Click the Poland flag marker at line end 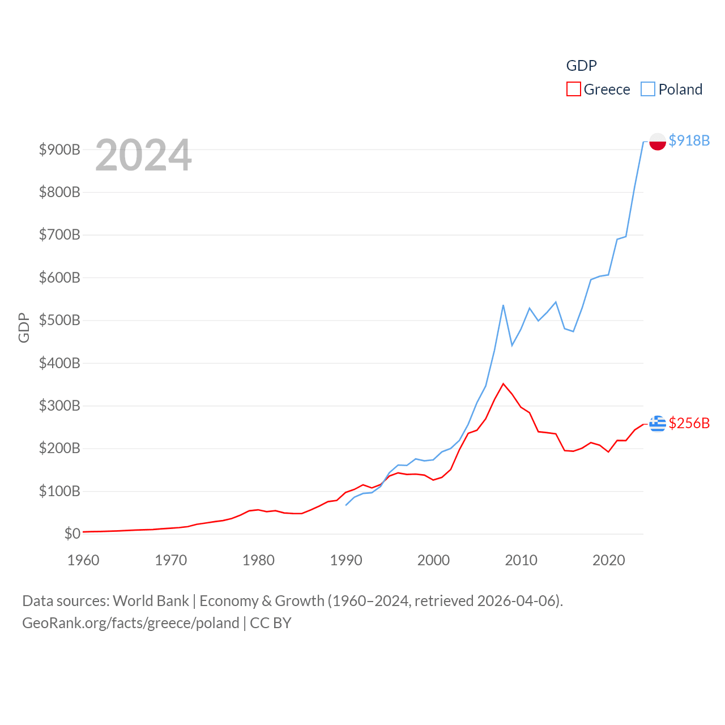pyautogui.click(x=658, y=141)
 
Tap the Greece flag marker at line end pyautogui.click(x=658, y=423)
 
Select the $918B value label pyautogui.click(x=689, y=140)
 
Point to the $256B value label pyautogui.click(x=689, y=423)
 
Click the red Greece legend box pyautogui.click(x=573, y=89)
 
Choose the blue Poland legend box pyautogui.click(x=648, y=89)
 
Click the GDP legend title pyautogui.click(x=581, y=66)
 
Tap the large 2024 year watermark pyautogui.click(x=143, y=155)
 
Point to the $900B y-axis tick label pyautogui.click(x=59, y=150)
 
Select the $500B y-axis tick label pyautogui.click(x=59, y=320)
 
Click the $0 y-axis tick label pyautogui.click(x=72, y=534)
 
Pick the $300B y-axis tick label pyautogui.click(x=59, y=406)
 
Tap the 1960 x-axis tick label pyautogui.click(x=83, y=560)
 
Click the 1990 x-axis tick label pyautogui.click(x=346, y=560)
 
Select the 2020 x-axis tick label pyautogui.click(x=608, y=560)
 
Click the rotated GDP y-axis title pyautogui.click(x=24, y=327)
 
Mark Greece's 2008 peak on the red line pyautogui.click(x=503, y=384)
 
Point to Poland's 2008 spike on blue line pyautogui.click(x=503, y=306)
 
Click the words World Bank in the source pyautogui.click(x=151, y=600)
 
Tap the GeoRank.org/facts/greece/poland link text pyautogui.click(x=131, y=623)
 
